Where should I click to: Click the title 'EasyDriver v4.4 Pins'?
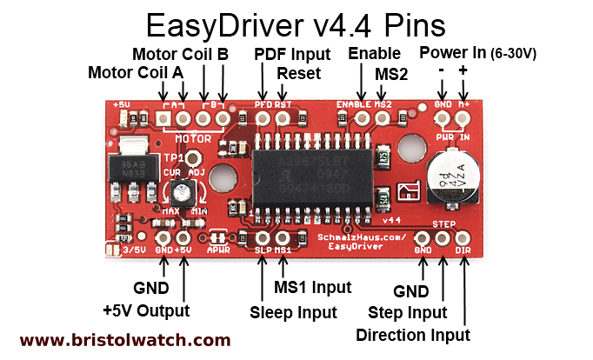(296, 23)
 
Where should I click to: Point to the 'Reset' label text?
(299, 73)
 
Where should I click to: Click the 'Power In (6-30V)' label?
(477, 54)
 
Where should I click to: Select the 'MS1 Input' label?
(313, 288)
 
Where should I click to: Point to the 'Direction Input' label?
(413, 335)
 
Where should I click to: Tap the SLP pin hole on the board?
(263, 237)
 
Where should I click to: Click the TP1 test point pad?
(194, 158)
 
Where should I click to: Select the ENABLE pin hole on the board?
(361, 117)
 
